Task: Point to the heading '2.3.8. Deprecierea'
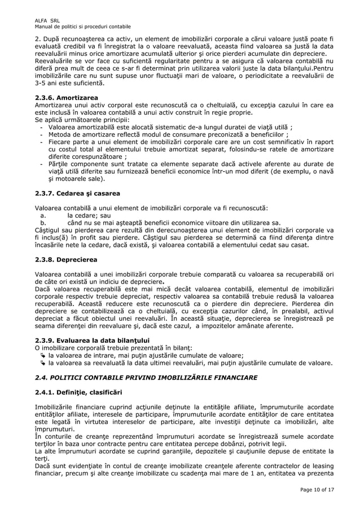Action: click(x=66, y=260)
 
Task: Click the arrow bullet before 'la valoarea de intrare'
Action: click(x=44, y=356)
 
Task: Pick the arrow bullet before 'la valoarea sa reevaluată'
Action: click(x=44, y=363)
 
